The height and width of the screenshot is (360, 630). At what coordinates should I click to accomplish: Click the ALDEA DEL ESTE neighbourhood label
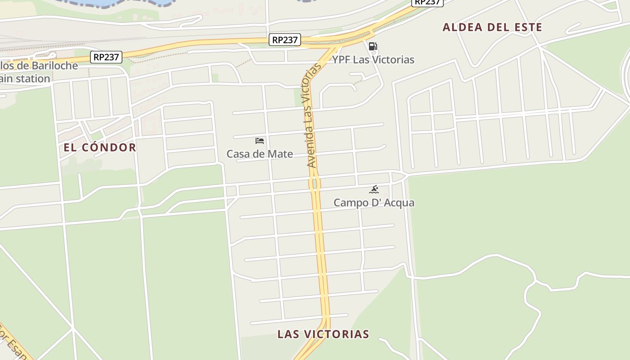pyautogui.click(x=492, y=27)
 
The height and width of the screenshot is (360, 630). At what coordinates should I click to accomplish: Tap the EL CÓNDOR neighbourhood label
pyautogui.click(x=99, y=148)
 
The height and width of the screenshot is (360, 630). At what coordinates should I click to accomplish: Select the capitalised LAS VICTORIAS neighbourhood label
pyautogui.click(x=323, y=334)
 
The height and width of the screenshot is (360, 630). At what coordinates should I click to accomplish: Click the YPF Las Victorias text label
pyautogui.click(x=373, y=60)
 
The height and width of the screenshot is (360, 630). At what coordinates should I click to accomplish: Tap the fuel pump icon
pyautogui.click(x=373, y=46)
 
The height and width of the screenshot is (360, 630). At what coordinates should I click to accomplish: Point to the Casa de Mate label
pyautogui.click(x=260, y=154)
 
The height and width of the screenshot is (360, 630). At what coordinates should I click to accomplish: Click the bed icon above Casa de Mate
pyautogui.click(x=260, y=141)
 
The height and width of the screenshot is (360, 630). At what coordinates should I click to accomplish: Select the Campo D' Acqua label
pyautogui.click(x=373, y=203)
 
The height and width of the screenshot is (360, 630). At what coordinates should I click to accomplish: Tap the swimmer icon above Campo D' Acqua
pyautogui.click(x=373, y=189)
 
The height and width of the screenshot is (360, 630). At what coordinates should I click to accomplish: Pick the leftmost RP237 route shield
pyautogui.click(x=106, y=57)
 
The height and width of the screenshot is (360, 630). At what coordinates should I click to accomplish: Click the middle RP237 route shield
pyautogui.click(x=285, y=40)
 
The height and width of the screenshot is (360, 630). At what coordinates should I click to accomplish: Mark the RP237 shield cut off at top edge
pyautogui.click(x=428, y=2)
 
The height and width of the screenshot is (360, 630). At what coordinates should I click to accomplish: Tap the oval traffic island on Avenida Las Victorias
pyautogui.click(x=315, y=184)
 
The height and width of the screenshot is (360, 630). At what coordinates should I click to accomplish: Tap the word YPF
pyautogui.click(x=341, y=60)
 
